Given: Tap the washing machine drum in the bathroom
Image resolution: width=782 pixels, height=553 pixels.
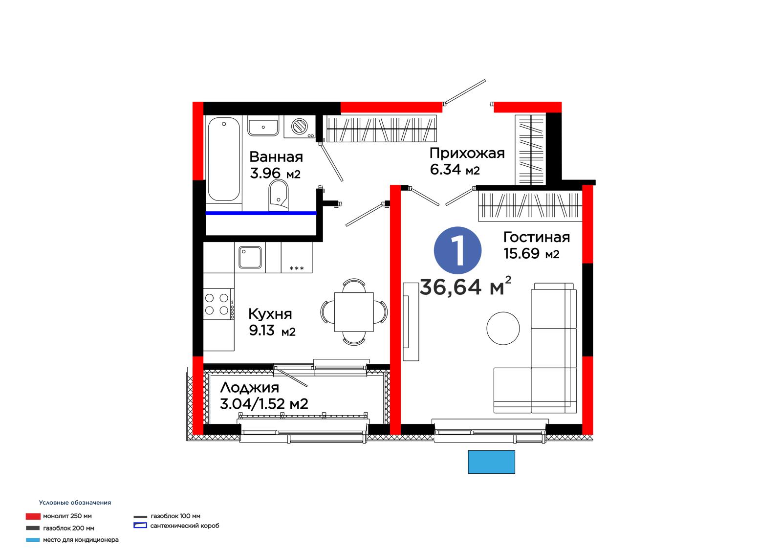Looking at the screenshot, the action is point(299,126).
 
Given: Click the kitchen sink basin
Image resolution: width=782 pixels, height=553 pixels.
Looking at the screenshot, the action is point(250,258).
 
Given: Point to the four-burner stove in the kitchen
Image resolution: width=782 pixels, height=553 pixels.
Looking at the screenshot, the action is point(218,304).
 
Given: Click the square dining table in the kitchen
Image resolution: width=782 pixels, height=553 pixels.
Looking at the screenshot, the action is point(354,312).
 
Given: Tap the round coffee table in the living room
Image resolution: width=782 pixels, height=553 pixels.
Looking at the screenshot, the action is point(503,329).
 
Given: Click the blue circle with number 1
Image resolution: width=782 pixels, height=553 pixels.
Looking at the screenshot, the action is point(457,250).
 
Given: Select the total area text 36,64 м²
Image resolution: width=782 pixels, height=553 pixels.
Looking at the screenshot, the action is point(465,286).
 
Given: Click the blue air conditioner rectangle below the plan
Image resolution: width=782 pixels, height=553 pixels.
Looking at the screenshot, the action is point(491,462).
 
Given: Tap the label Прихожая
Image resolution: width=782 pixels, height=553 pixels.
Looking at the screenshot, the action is point(467,154).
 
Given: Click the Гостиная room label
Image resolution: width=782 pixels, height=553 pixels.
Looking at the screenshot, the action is point(536,238).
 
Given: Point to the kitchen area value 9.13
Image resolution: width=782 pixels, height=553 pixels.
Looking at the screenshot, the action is point(261,330).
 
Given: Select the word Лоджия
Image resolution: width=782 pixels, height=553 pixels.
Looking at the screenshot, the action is point(249,388).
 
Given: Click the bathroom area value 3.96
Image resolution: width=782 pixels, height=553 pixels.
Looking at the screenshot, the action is point(265,173).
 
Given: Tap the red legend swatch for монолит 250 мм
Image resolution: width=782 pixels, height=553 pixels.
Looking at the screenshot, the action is point(33,516).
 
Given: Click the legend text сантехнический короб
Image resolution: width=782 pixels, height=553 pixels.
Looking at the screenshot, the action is point(185,526).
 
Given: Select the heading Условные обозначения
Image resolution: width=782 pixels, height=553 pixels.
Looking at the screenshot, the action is point(75,503).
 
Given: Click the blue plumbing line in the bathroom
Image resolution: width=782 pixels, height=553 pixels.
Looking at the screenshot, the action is point(261,213).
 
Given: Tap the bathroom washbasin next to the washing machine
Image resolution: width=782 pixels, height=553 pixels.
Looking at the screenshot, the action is point(263,126).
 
